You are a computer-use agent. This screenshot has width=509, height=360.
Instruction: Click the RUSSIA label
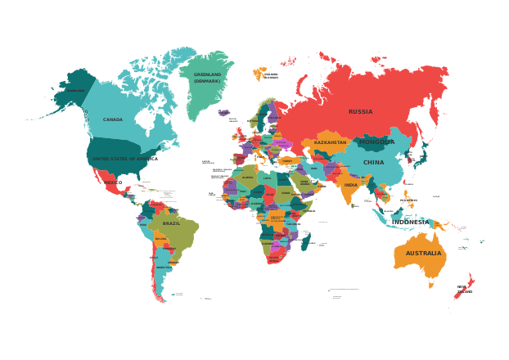pyautogui.click(x=360, y=112)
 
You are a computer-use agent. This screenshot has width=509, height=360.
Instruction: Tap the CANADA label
pyautogui.click(x=113, y=119)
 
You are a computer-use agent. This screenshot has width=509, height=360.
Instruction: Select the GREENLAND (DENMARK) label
pyautogui.click(x=207, y=78)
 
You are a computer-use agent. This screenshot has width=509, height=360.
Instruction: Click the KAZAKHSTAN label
pyautogui.click(x=330, y=142)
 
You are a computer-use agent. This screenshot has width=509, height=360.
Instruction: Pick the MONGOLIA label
pyautogui.click(x=376, y=142)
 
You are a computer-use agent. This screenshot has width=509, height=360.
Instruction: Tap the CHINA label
pyautogui.click(x=373, y=163)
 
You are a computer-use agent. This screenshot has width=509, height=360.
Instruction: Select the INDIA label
pyautogui.click(x=350, y=185)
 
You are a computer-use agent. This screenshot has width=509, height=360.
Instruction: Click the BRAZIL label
pyautogui.click(x=171, y=223)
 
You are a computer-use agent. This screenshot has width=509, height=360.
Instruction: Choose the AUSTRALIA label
pyautogui.click(x=423, y=254)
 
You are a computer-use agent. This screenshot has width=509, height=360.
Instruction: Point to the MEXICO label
pyautogui.click(x=112, y=182)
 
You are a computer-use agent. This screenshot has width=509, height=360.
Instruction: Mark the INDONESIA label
pyautogui.click(x=408, y=221)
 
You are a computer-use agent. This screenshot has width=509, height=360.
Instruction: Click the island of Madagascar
pyautogui.click(x=305, y=242)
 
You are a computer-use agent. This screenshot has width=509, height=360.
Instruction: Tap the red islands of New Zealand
pyautogui.click(x=464, y=287)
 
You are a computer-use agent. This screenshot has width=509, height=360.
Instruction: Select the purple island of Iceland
pyautogui.click(x=223, y=113)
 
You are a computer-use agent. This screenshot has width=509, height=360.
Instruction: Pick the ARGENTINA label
pyautogui.click(x=164, y=268)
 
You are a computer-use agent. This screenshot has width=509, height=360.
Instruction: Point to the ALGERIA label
pyautogui.click(x=247, y=178)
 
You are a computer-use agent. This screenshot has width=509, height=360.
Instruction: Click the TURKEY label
pyautogui.click(x=286, y=161)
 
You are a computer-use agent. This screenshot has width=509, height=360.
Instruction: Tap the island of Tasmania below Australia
pyautogui.click(x=430, y=283)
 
